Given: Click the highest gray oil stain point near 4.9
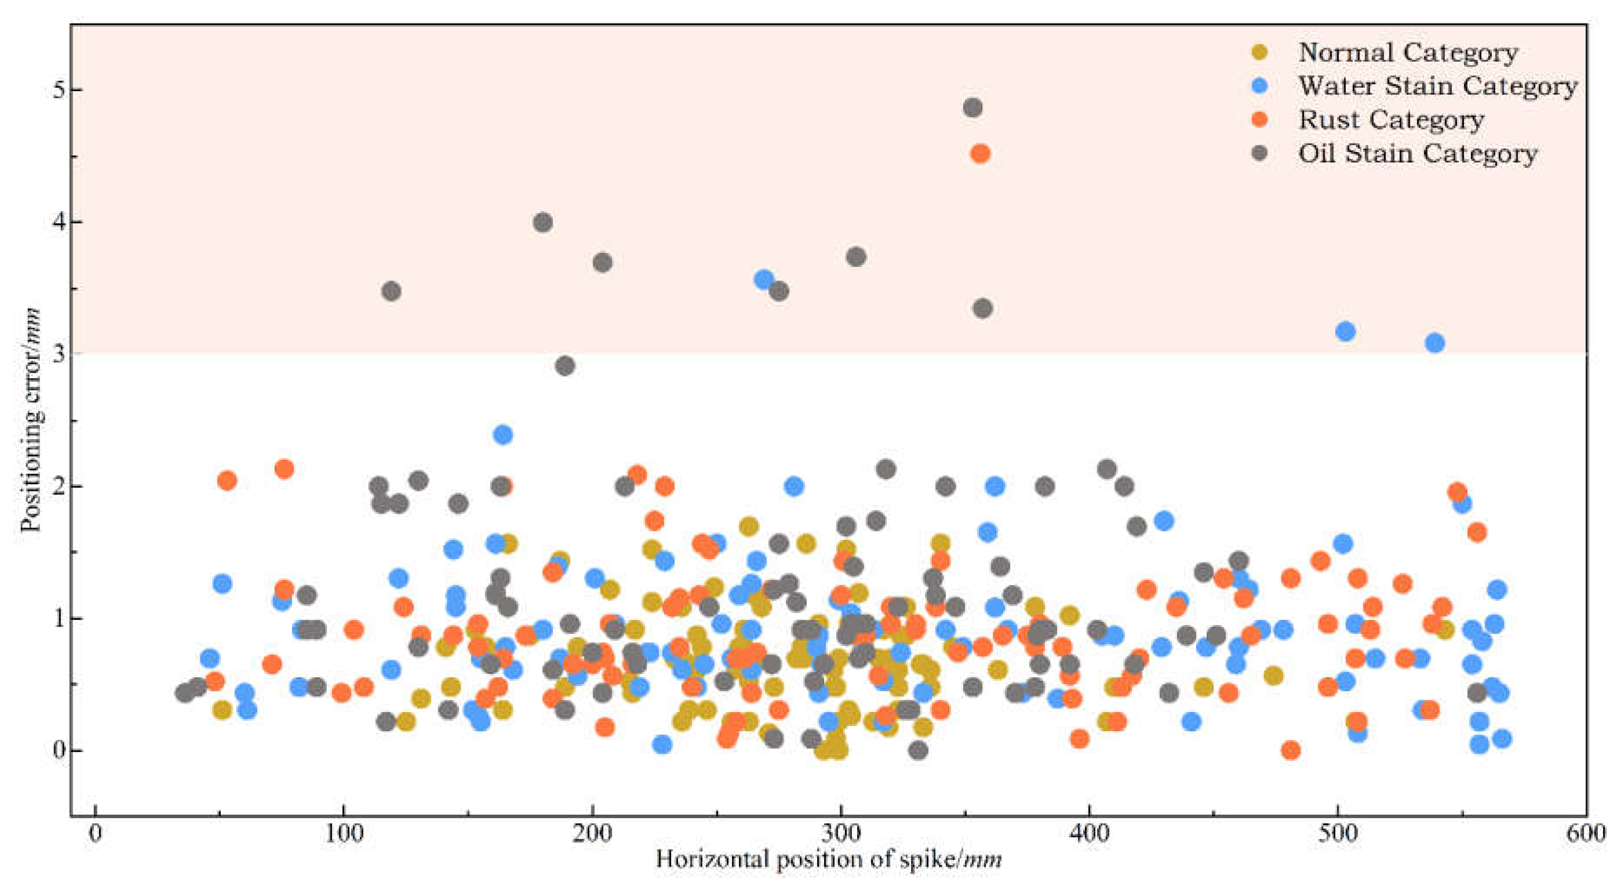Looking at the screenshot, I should coord(973,108).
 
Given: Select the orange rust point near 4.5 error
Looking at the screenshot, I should coord(980,153).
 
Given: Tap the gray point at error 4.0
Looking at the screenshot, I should coord(543,222).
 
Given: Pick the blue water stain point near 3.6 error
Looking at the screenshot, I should coord(764,280).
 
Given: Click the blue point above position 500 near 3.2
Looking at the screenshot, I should coord(1346,331).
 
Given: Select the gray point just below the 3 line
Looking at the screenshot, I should coord(565,365).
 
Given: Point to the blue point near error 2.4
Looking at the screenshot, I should coord(503,434).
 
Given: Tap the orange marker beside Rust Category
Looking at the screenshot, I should coord(1259,120).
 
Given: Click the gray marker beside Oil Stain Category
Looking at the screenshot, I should coord(1259,153).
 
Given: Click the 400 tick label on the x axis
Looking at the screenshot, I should coord(1089,833).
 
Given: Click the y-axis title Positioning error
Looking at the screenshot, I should coord(30,419).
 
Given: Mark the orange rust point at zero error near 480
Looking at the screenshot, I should coord(1290,750).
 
